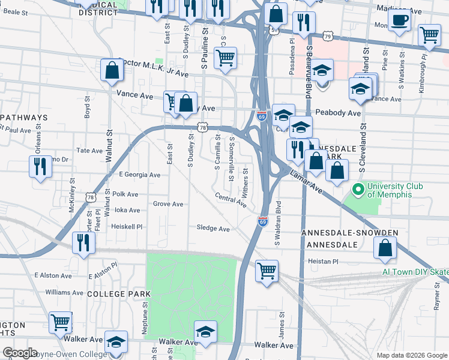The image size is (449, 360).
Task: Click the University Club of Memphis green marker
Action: [359, 190]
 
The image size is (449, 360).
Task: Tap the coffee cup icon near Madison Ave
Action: [399, 21]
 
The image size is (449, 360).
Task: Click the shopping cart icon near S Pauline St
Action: [225, 58]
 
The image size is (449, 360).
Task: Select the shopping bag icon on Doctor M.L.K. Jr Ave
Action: [112, 71]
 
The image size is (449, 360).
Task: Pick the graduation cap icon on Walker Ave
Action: [205, 332]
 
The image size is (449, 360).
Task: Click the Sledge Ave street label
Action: [213, 229]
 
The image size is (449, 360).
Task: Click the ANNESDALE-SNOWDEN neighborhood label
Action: [350, 232]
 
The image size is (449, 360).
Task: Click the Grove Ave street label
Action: [168, 204]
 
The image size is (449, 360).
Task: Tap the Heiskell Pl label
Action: [127, 226]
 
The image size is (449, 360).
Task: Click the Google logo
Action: [20, 353]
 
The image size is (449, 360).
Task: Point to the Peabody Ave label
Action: [338, 113]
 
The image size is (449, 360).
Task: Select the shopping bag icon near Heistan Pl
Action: [385, 247]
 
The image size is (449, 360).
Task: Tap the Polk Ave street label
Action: [125, 194]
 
